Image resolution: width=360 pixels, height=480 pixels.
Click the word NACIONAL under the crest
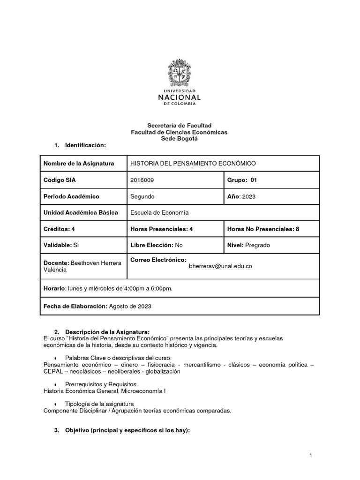point(180,97)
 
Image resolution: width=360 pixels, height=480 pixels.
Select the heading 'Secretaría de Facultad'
point(180,125)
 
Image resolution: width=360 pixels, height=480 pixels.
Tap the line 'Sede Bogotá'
point(180,139)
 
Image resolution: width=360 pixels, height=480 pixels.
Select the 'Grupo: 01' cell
point(242,180)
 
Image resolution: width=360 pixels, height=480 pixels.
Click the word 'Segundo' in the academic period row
point(142,196)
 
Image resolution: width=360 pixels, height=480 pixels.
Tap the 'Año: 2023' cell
point(241,196)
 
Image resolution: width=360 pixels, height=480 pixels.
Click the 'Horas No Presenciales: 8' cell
point(263,229)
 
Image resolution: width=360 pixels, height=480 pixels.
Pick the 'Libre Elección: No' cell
point(156,245)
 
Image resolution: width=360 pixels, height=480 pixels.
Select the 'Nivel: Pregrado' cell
point(248,245)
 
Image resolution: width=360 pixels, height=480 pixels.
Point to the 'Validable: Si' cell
point(61,245)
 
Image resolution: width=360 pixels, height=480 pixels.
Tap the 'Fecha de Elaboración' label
point(75,306)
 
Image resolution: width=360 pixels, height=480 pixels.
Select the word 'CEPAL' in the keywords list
point(52,371)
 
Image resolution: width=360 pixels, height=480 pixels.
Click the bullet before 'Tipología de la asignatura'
point(55,404)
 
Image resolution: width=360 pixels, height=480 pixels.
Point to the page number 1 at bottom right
point(310,455)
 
